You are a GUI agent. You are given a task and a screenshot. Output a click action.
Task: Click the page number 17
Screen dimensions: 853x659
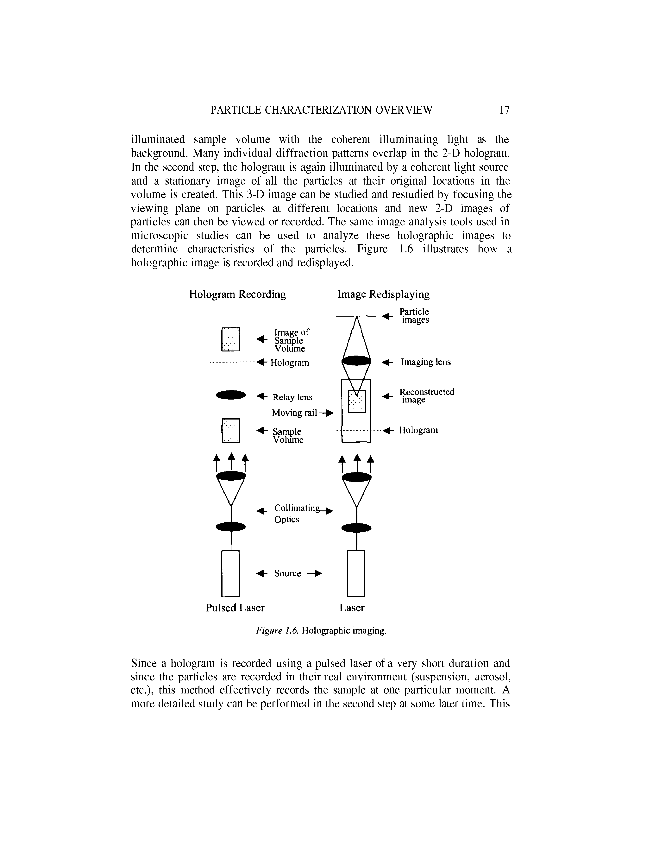(504, 110)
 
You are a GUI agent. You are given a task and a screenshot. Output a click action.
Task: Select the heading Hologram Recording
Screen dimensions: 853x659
(237, 294)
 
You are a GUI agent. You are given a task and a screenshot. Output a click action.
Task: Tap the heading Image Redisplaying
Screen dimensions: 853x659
(383, 294)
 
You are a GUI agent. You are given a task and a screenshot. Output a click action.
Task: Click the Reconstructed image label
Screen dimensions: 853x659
(427, 396)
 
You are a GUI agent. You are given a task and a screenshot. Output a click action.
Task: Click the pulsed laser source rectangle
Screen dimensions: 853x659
(230, 573)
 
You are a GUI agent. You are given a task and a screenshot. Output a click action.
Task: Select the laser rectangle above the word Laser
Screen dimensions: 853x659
(356, 573)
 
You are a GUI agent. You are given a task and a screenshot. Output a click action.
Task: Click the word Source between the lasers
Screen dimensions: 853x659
(287, 573)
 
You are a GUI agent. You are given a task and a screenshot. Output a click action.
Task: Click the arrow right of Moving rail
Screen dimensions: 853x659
(329, 413)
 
